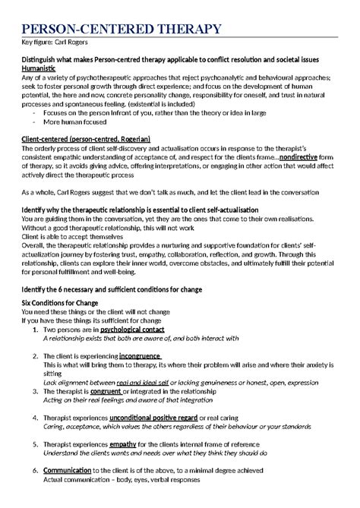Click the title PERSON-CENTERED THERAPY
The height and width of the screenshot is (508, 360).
point(122,30)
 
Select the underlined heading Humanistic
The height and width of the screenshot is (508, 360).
point(44,68)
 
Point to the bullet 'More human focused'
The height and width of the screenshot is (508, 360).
point(72,121)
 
